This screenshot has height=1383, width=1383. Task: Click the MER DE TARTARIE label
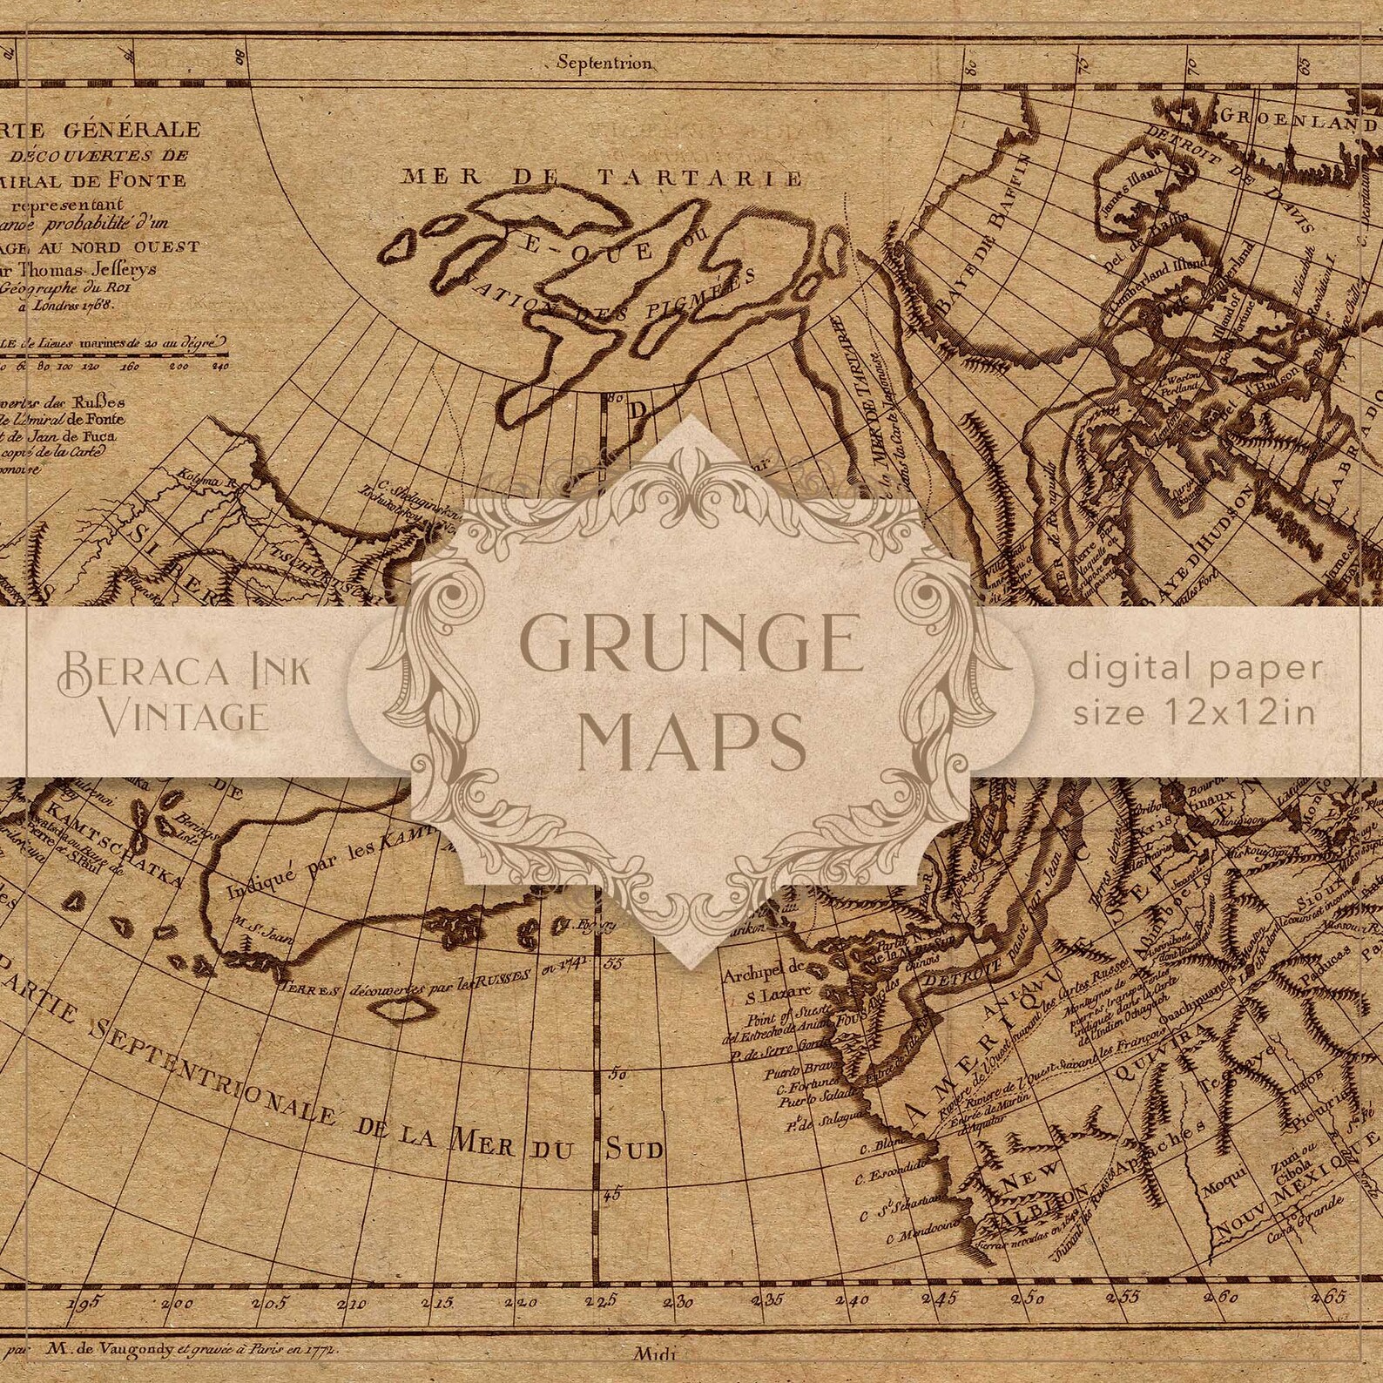[x=601, y=178]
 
